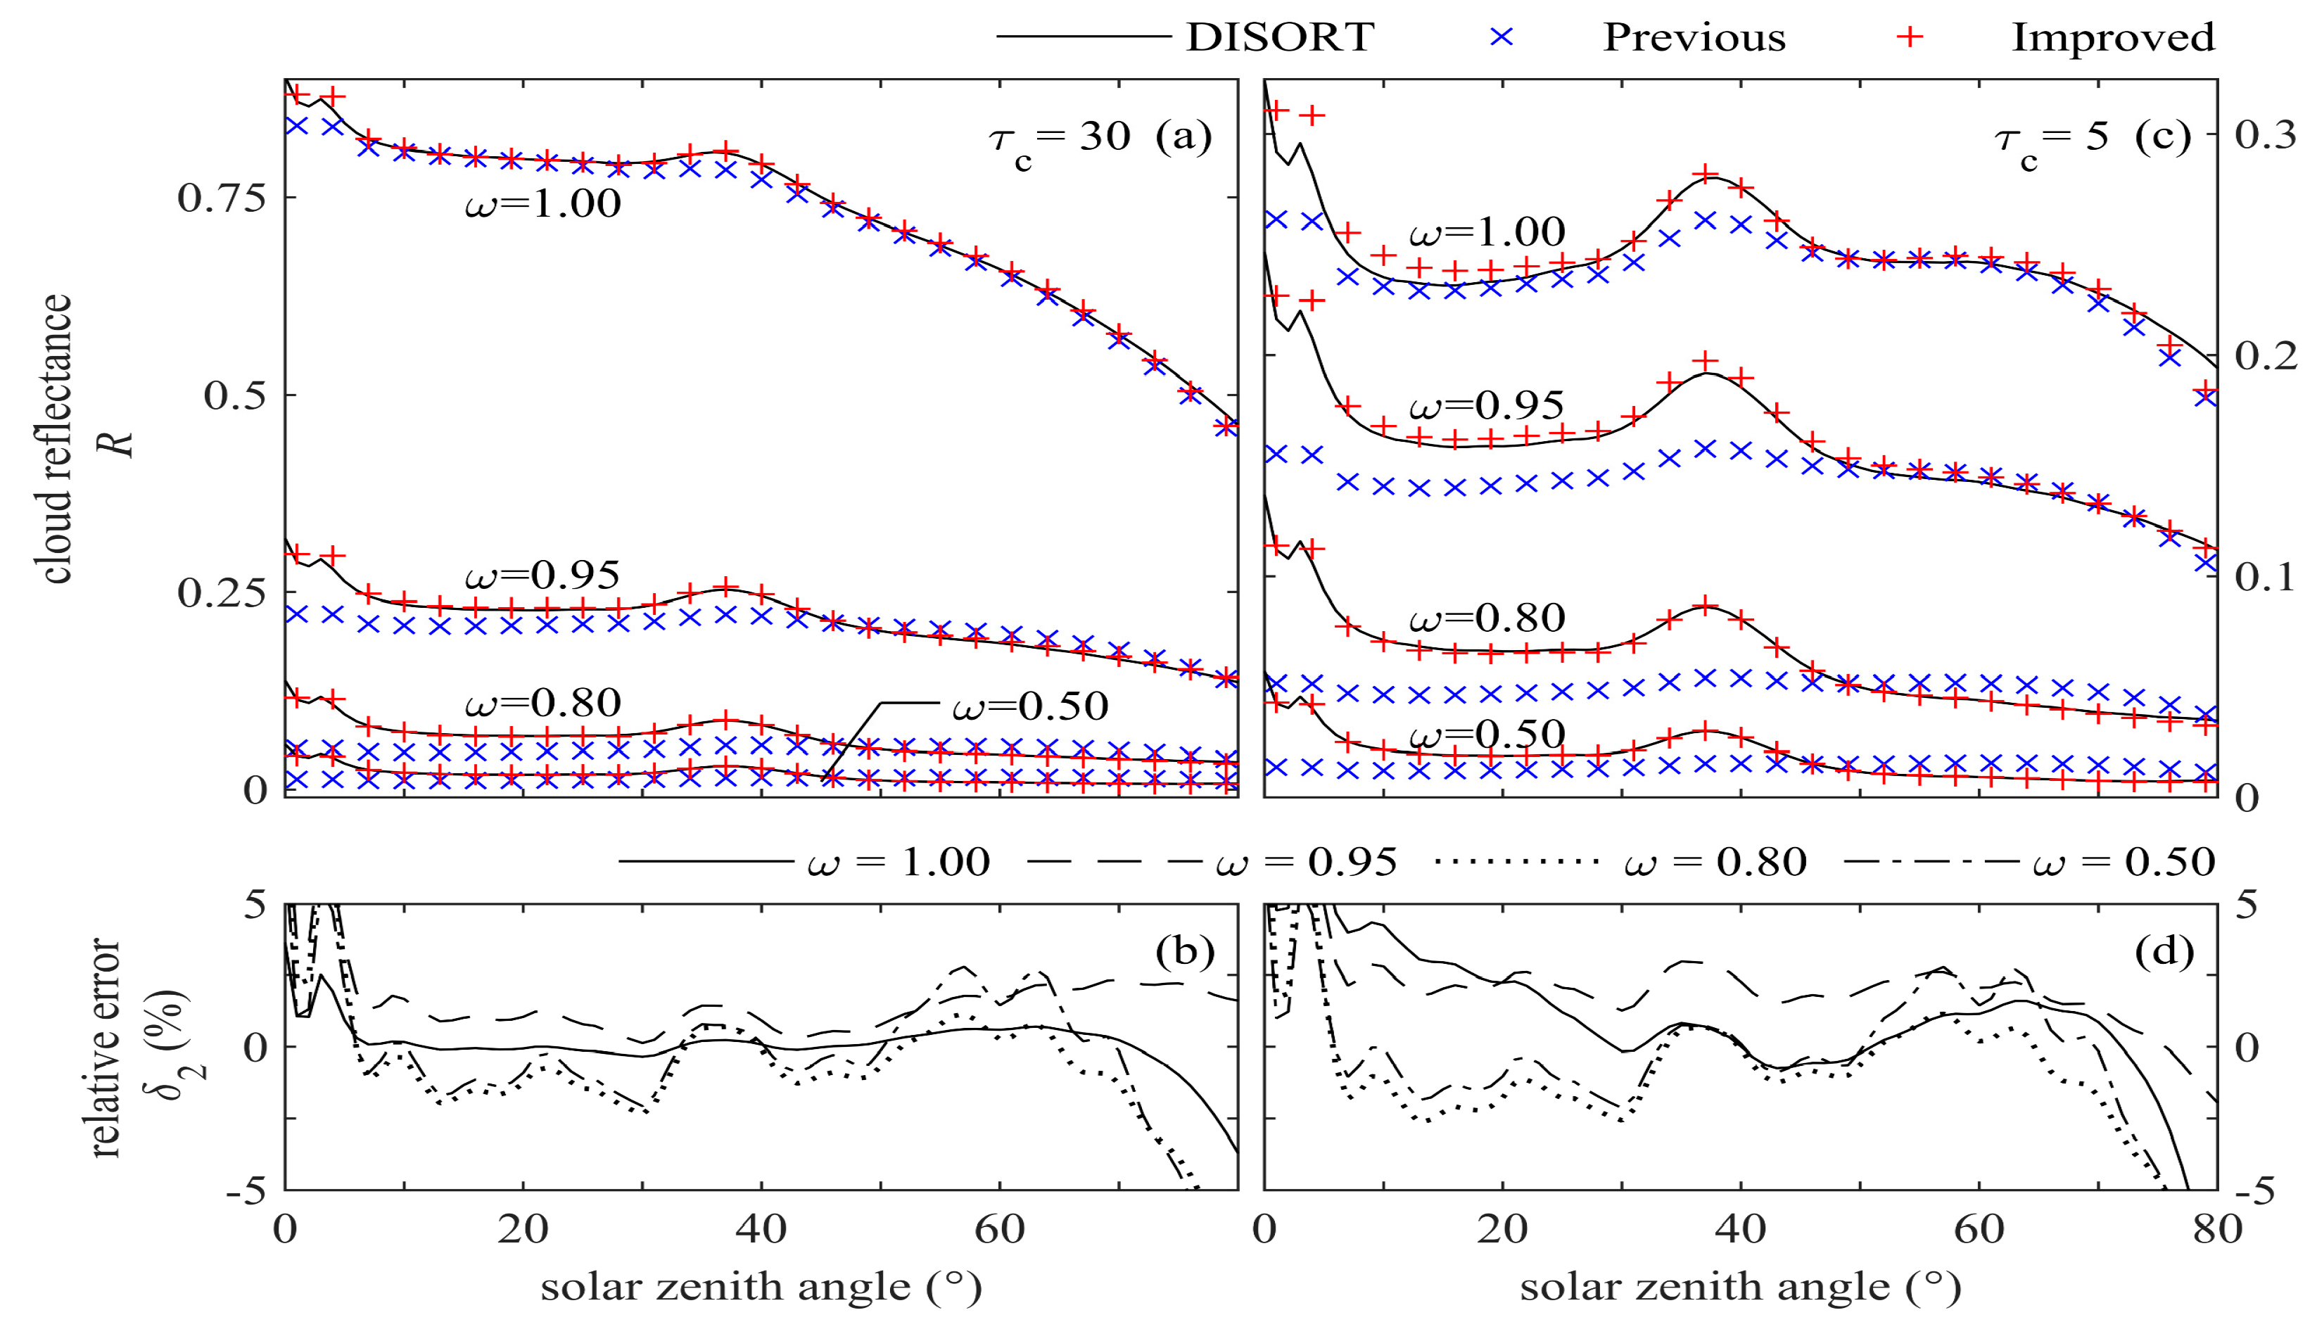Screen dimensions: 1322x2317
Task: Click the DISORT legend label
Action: point(1279,37)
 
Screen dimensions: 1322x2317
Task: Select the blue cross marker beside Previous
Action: point(1504,37)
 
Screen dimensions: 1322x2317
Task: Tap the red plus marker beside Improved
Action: point(1912,37)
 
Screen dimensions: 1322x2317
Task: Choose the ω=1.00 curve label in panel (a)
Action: point(543,203)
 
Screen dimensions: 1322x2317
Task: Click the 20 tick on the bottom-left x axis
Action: point(523,1228)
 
